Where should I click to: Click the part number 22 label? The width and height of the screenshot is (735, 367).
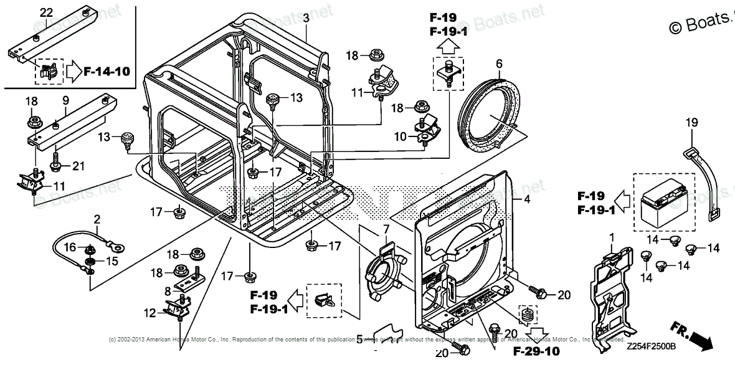47,12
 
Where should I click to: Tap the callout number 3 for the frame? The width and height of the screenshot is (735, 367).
306,19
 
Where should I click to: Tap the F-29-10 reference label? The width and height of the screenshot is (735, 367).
536,351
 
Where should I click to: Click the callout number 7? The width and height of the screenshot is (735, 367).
386,231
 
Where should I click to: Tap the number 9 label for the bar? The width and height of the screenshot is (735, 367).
65,100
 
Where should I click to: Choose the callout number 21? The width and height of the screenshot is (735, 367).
77,165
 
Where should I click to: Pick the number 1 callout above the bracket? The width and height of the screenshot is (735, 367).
611,237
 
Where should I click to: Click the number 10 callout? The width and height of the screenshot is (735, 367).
400,136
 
